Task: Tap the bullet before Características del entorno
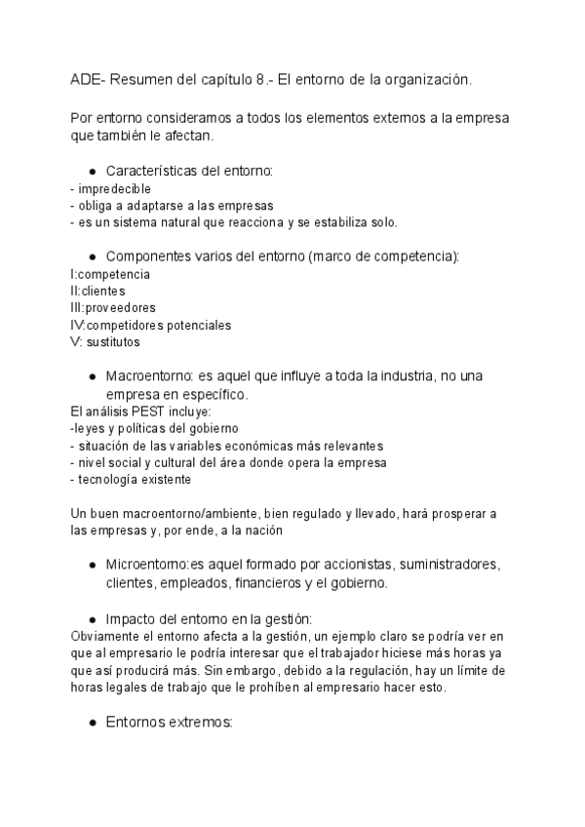point(91,171)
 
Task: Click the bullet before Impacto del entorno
point(91,618)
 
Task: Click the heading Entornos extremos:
point(169,723)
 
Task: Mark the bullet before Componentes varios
point(91,256)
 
